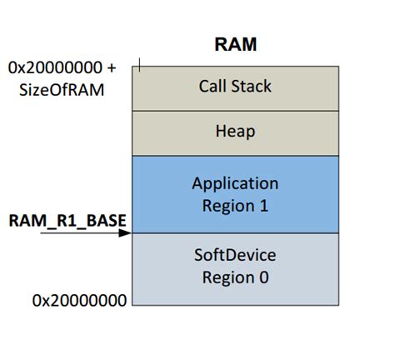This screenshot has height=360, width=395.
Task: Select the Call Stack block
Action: coord(235,86)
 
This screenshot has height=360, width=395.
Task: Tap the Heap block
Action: coord(235,131)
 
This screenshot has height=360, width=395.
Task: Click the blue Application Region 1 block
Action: coord(235,193)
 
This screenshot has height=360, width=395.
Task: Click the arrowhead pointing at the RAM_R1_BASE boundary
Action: coord(126,232)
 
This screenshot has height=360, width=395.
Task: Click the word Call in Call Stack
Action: coord(212,86)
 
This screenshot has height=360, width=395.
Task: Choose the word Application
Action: coord(235,183)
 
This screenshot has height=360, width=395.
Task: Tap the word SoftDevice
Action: coord(235,254)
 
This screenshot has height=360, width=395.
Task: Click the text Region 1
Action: coord(235,205)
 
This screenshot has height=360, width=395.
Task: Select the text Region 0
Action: coord(235,277)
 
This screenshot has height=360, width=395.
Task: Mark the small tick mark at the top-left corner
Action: coord(141,64)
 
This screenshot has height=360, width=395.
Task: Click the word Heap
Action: coord(235,131)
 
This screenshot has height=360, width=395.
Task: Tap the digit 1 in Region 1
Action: coord(263,205)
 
